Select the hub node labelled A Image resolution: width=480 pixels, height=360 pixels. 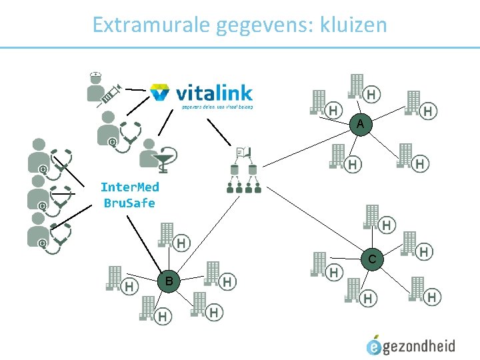tap(360, 125)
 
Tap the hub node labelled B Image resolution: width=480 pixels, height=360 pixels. tap(169, 281)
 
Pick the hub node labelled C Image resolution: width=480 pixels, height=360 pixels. tap(372, 259)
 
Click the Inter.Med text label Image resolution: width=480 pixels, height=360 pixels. tap(129, 187)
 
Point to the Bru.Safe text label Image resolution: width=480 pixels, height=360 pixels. tap(129, 203)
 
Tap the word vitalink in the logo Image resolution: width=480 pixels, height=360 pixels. tap(213, 93)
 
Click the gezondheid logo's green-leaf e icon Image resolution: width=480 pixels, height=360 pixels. tap(374, 345)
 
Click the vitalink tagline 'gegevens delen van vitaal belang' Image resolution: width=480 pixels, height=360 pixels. tap(217, 107)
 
